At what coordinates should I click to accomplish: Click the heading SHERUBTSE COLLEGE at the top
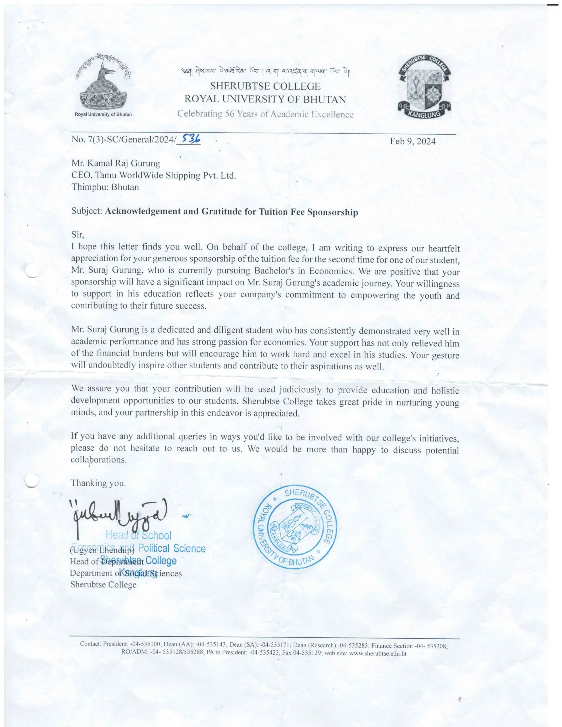pos(265,86)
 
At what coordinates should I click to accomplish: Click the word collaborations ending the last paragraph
pos(98,460)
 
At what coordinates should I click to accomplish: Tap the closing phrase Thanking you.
pos(98,483)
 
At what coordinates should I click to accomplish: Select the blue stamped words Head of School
pos(138,535)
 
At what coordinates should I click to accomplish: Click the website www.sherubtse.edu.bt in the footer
pos(378,653)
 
